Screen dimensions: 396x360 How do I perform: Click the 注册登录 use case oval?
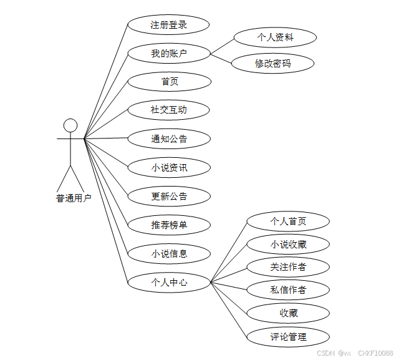(168, 25)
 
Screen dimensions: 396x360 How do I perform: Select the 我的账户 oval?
(168, 53)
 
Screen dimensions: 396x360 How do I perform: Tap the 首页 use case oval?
(168, 81)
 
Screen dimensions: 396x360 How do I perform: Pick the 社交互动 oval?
(168, 110)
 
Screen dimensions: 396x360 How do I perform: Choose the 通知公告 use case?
(168, 139)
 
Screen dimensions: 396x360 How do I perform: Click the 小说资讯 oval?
(168, 167)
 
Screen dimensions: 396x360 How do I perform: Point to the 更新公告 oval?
(168, 196)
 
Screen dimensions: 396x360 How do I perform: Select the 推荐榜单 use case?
(168, 225)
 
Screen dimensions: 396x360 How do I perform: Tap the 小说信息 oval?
(168, 253)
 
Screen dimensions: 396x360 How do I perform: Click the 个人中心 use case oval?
(168, 282)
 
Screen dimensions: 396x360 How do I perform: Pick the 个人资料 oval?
(275, 37)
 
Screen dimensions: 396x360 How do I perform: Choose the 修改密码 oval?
(273, 63)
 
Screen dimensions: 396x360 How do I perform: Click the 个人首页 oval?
(287, 221)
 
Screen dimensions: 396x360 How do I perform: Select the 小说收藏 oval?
(287, 244)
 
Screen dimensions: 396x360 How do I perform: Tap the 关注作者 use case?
(287, 267)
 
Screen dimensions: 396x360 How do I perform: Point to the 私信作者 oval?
(287, 289)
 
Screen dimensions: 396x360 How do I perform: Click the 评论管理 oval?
(287, 337)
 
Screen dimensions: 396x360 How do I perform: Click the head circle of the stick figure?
(70, 125)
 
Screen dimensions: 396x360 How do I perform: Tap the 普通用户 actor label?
(74, 198)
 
